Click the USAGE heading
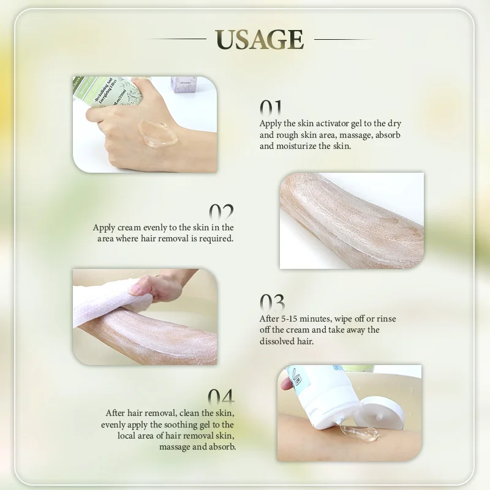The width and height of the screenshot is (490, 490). (259, 39)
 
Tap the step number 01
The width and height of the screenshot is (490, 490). (271, 108)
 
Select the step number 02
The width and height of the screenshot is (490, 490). (221, 211)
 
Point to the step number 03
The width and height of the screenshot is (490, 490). (272, 303)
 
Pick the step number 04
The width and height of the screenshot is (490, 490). (221, 397)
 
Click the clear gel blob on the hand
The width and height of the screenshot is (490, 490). (158, 133)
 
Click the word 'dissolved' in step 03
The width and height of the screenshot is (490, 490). (277, 341)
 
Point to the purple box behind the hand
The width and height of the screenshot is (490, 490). (182, 85)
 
